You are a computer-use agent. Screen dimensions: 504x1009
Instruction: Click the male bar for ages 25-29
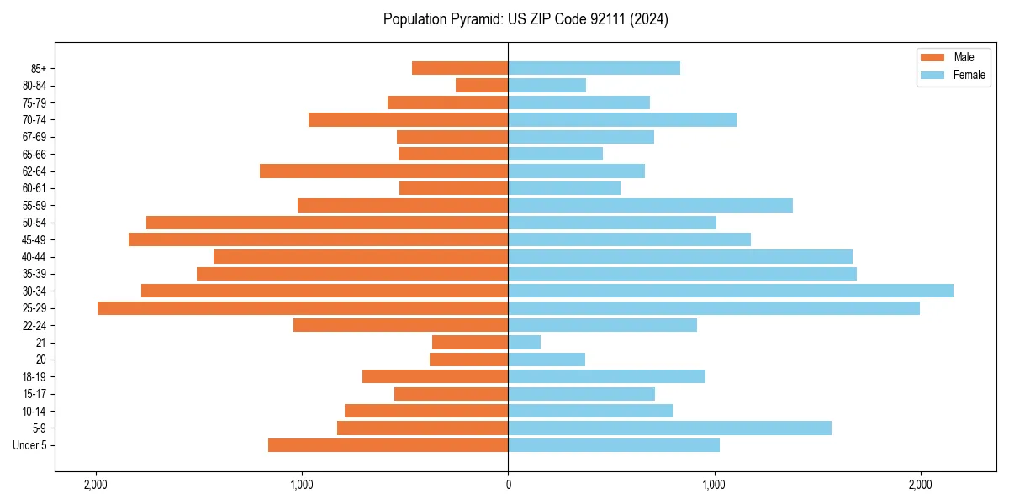303,308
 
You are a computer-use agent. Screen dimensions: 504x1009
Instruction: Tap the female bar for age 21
524,342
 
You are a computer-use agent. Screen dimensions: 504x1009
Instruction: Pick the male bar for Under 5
388,445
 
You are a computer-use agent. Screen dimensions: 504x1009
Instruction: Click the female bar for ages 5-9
669,428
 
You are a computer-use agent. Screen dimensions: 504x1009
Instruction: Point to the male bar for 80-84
482,85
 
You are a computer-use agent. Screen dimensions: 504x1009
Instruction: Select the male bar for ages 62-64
383,171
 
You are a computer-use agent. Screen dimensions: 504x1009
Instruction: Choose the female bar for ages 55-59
650,205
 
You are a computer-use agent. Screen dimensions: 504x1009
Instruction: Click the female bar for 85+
594,68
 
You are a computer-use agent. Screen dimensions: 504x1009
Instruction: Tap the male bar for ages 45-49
318,239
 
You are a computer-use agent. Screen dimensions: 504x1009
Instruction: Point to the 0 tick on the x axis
508,484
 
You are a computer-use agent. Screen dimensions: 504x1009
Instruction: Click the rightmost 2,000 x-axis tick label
920,484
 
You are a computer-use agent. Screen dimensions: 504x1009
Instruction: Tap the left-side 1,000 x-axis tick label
302,484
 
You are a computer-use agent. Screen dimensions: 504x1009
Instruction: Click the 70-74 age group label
34,119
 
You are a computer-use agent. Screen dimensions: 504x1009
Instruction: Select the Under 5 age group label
29,445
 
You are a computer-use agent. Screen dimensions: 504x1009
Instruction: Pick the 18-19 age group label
34,376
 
